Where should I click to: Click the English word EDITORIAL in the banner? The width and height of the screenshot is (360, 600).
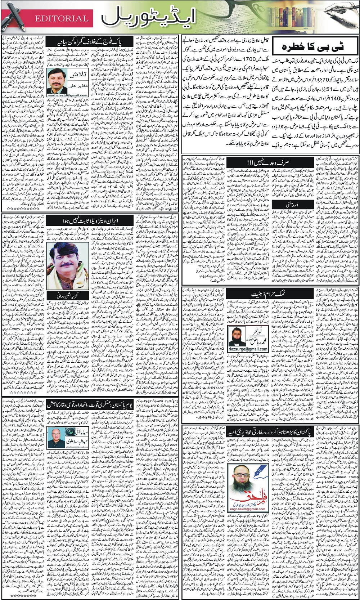(x=61, y=18)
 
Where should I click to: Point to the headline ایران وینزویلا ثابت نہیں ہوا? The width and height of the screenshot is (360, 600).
(x=90, y=221)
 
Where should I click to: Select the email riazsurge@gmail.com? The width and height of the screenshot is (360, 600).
(x=248, y=349)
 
